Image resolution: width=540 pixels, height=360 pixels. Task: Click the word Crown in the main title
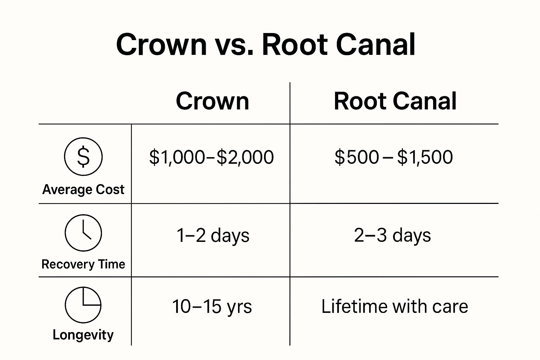[161, 45]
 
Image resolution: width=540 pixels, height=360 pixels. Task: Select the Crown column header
[212, 101]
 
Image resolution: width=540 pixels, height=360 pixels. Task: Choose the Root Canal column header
[395, 101]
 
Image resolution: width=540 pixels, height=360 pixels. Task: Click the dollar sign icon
[83, 157]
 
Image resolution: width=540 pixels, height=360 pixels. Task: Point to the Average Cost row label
[83, 189]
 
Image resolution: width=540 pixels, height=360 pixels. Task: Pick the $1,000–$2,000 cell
[211, 157]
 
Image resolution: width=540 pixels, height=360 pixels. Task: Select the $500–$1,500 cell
[393, 157]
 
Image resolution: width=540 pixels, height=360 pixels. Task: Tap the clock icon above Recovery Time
[83, 233]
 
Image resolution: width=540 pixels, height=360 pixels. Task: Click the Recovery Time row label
[83, 264]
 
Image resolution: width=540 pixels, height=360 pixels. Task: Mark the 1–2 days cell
[213, 235]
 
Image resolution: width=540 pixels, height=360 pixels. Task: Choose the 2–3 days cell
[392, 235]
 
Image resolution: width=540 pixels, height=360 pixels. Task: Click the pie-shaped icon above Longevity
[83, 305]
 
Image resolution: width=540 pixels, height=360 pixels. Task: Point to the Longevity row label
[83, 335]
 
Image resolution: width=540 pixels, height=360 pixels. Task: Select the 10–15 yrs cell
[212, 306]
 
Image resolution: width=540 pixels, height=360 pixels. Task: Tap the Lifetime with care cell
[394, 306]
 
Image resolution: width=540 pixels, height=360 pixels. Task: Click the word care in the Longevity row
[450, 307]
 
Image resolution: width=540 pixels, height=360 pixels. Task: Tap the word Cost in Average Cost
[110, 189]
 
